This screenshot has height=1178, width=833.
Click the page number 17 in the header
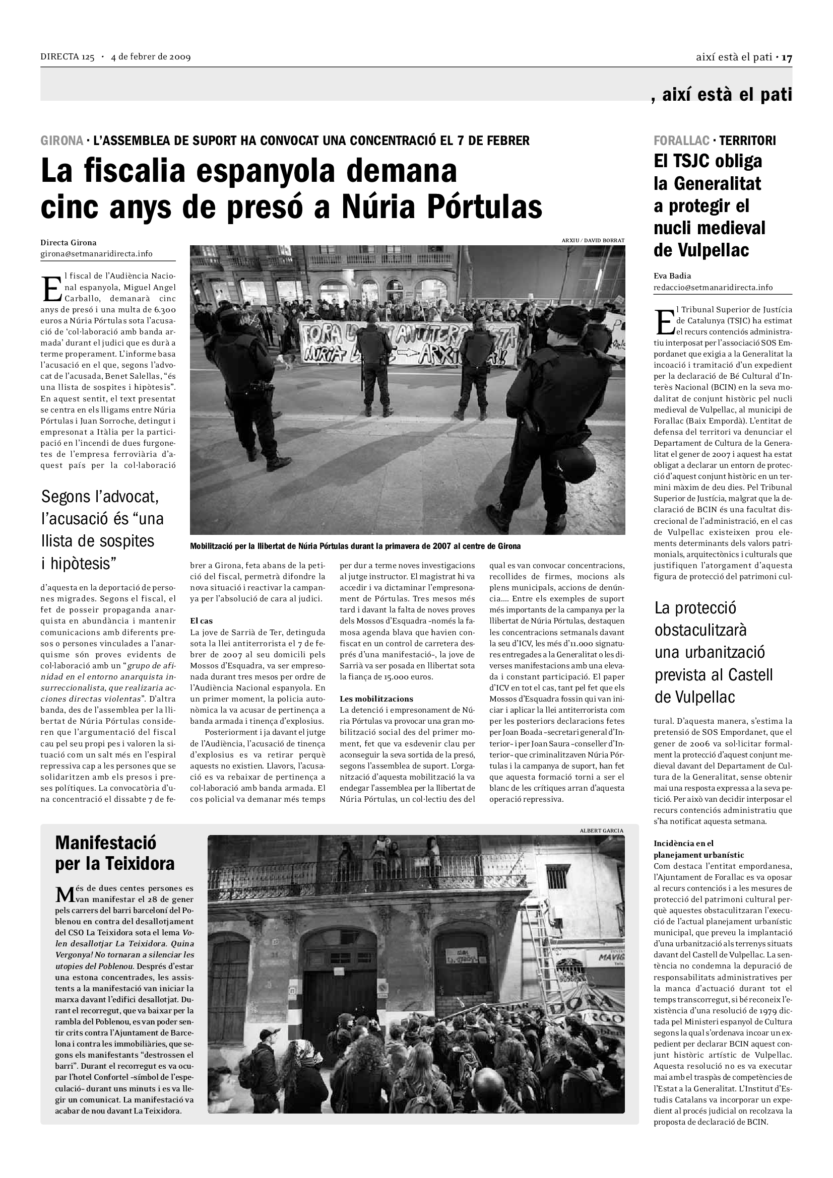pyautogui.click(x=787, y=57)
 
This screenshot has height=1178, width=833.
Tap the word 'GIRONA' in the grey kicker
pyautogui.click(x=61, y=141)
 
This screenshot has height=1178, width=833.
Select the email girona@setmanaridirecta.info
pyautogui.click(x=96, y=254)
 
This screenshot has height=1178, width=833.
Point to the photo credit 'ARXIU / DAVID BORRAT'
pyautogui.click(x=593, y=241)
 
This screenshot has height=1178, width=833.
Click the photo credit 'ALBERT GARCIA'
pyautogui.click(x=601, y=830)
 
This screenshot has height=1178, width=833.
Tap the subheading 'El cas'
pyautogui.click(x=201, y=621)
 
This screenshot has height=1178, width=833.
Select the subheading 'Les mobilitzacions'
pyautogui.click(x=376, y=699)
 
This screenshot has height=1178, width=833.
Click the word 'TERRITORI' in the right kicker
pyautogui.click(x=747, y=141)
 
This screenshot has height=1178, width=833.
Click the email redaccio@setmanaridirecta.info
pyautogui.click(x=713, y=287)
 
